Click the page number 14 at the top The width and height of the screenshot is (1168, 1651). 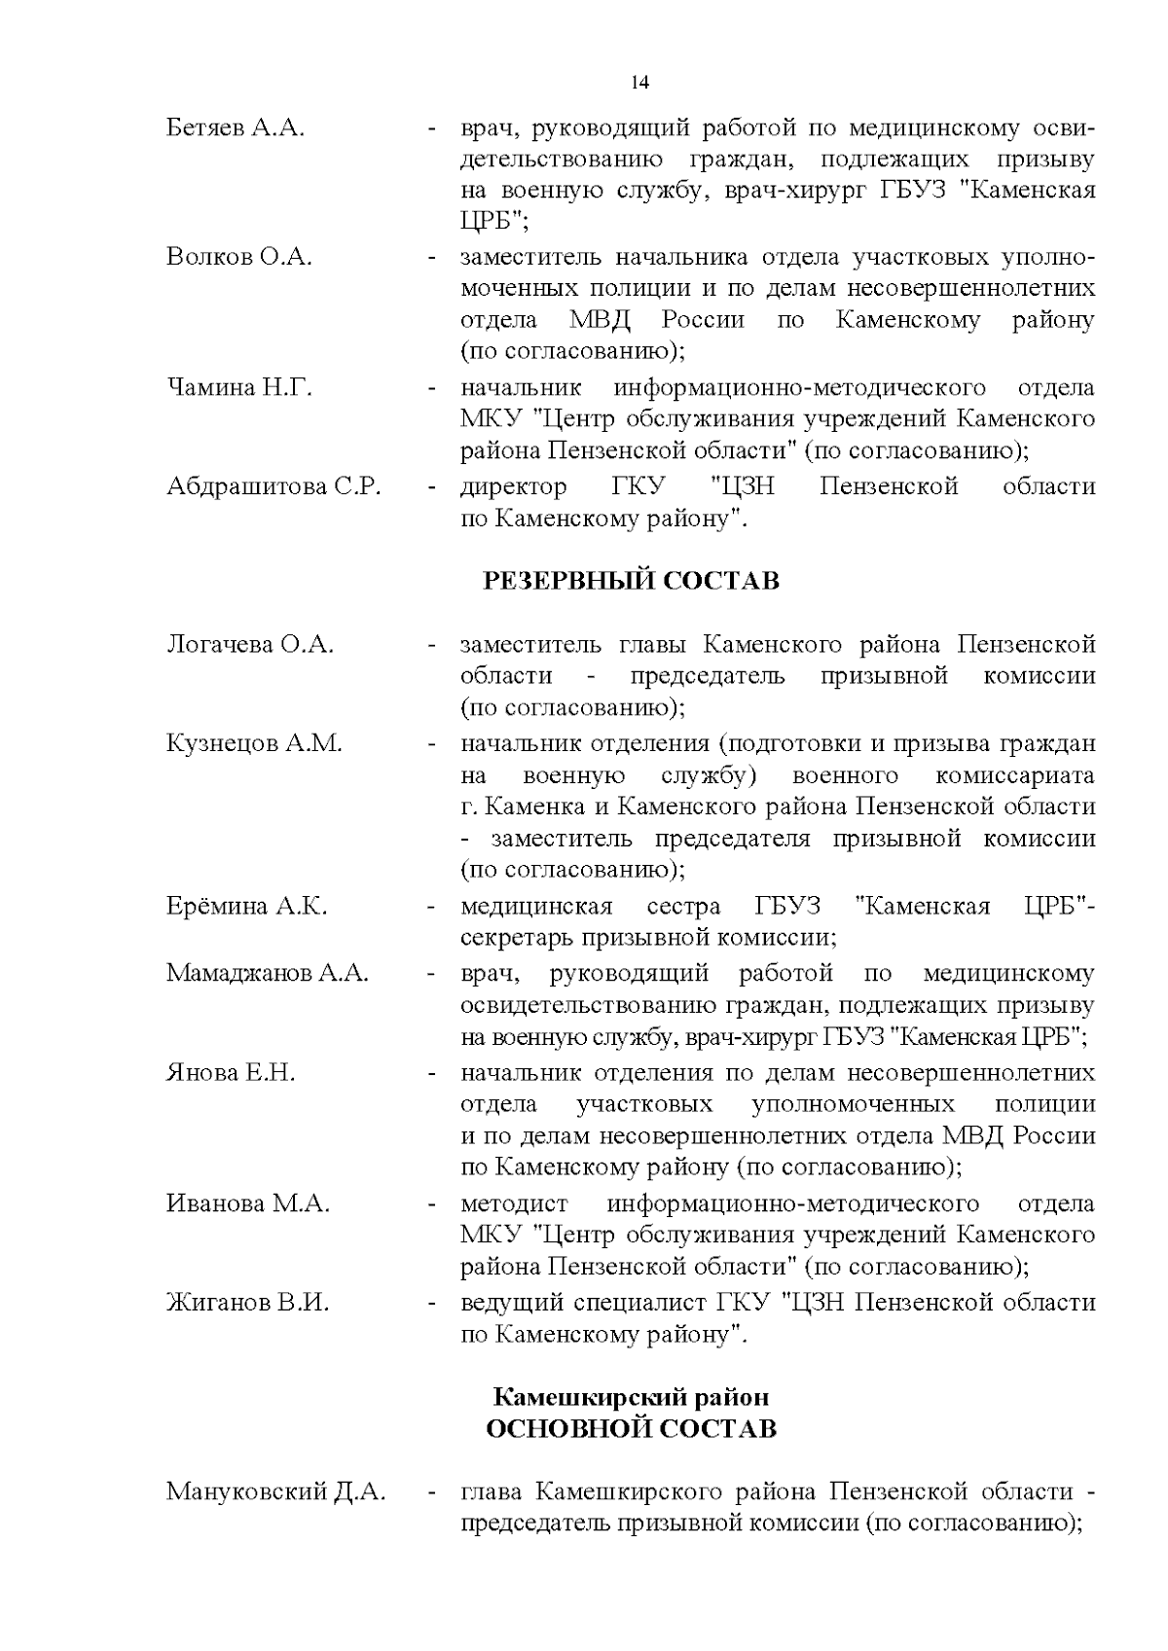click(x=639, y=83)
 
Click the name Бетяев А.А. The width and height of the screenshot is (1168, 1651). click(x=236, y=127)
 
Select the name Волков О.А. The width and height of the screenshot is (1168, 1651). click(x=239, y=257)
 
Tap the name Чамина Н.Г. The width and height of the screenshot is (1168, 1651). click(x=239, y=387)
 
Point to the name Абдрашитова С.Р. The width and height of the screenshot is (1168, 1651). click(x=274, y=486)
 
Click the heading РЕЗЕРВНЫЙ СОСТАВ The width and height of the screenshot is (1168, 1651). click(x=632, y=582)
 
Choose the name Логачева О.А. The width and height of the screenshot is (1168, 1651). click(x=250, y=644)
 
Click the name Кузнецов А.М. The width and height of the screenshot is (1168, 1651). click(x=254, y=743)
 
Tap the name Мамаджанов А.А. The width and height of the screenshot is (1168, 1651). click(x=267, y=973)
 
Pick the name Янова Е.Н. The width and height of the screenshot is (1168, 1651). click(x=231, y=1072)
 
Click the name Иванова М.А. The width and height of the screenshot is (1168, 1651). click(x=248, y=1203)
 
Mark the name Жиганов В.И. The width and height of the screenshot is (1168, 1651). click(x=247, y=1302)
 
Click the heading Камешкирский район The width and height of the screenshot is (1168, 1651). click(x=631, y=1397)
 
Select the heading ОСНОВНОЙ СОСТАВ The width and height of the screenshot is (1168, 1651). click(x=631, y=1429)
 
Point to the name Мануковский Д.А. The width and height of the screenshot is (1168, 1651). click(x=275, y=1491)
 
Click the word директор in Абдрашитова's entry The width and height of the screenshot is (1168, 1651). click(x=513, y=486)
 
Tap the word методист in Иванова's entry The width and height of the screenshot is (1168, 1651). click(x=515, y=1203)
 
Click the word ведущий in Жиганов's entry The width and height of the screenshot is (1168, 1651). click(x=507, y=1302)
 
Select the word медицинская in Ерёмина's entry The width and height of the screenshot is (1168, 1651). click(x=536, y=907)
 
